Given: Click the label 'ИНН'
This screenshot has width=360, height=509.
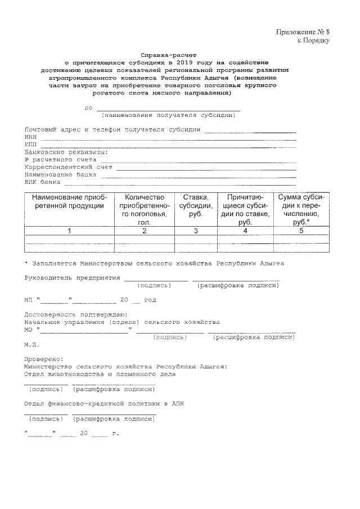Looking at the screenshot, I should coord(30,136).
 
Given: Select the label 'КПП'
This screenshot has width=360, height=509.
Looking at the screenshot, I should coord(30,144).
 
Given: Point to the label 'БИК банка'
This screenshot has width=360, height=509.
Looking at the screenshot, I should coord(42,182).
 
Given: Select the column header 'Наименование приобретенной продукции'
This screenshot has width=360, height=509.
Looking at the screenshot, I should coord(69,201).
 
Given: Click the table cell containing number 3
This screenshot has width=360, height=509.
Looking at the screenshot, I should coord(196,231).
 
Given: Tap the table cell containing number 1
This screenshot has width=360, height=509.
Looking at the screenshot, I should coord(69,231).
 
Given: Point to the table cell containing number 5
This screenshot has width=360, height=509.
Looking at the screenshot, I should coord(301,231).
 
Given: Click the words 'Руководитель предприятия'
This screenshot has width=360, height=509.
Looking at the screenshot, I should coord(73,278).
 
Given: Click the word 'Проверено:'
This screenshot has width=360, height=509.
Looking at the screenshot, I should coord(44,359).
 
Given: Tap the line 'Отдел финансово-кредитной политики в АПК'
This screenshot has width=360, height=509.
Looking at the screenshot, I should coord(104,403).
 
